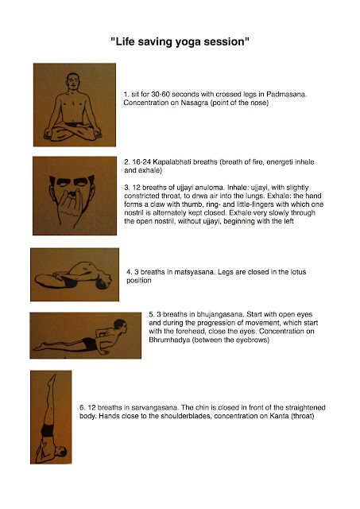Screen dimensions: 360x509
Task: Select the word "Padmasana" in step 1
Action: point(286,95)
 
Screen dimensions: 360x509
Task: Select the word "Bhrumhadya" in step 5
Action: point(169,340)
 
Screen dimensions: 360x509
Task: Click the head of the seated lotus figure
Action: point(73,81)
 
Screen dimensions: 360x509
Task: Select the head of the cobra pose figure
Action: point(120,326)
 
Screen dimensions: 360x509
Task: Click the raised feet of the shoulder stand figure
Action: point(52,379)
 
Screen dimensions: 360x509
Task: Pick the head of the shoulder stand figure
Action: point(60,451)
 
